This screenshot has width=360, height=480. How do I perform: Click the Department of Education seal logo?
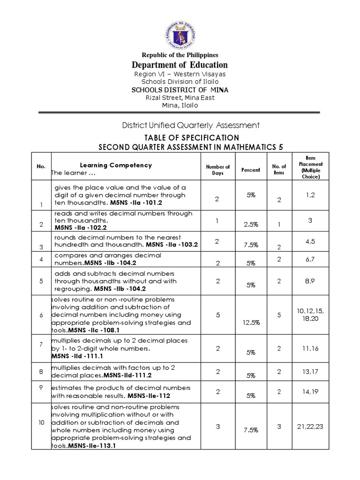tap(180, 34)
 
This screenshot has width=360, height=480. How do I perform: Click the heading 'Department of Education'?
tap(180, 65)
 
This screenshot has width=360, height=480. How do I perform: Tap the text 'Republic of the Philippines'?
tap(180, 55)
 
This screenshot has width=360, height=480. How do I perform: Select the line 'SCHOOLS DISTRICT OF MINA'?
tap(180, 90)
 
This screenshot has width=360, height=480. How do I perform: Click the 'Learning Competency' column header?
tap(115, 165)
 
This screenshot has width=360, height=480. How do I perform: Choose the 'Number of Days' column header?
tap(217, 170)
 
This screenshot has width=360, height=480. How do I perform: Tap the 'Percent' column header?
tap(250, 170)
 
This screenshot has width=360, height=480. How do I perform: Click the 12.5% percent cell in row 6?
tap(250, 322)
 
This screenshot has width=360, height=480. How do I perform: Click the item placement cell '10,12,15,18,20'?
tap(310, 315)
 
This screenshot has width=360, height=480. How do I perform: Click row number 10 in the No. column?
tap(41, 422)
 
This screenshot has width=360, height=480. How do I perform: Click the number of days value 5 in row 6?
tap(217, 315)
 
